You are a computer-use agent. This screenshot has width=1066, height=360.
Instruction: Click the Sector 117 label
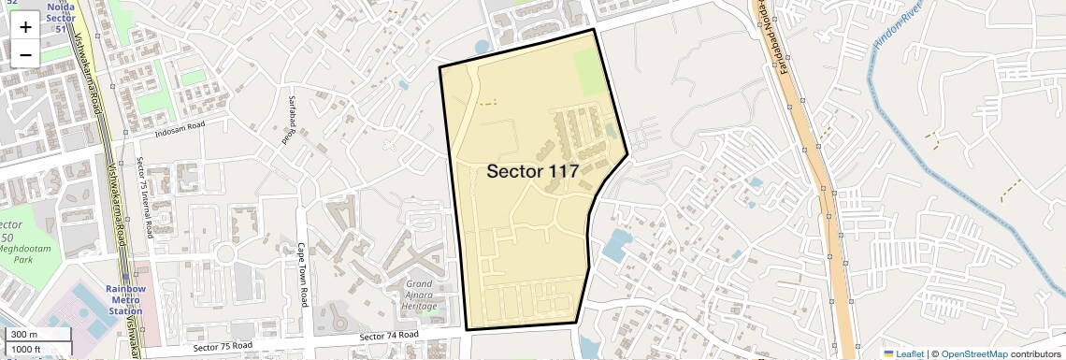(x=532, y=171)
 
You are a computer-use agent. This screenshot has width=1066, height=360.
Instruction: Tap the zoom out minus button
(x=25, y=54)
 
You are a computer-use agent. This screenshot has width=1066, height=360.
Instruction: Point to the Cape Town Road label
(x=303, y=276)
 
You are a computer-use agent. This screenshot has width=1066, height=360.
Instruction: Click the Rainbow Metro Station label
(x=125, y=299)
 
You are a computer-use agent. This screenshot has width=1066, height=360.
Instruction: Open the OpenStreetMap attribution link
(x=973, y=354)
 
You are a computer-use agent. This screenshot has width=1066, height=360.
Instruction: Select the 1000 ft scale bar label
(x=27, y=349)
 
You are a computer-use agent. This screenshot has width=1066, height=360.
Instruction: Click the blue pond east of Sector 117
(x=617, y=245)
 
